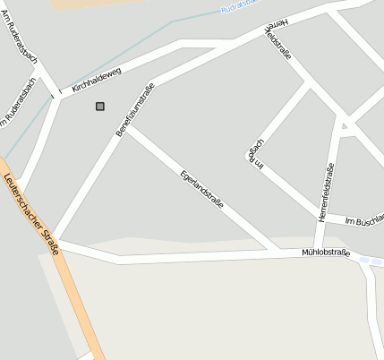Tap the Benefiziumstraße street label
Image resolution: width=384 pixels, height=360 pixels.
135,109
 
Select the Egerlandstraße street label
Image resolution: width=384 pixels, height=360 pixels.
201,189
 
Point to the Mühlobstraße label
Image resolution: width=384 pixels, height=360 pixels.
325,253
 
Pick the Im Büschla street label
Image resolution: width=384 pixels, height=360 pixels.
364,219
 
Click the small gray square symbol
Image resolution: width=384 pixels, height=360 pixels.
99,107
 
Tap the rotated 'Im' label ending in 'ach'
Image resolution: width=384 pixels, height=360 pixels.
257,154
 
